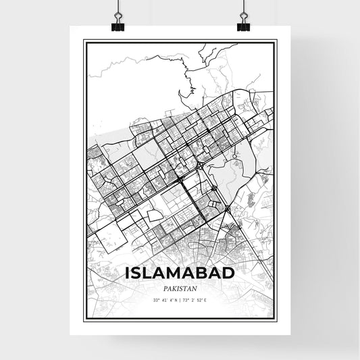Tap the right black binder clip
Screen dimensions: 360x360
(242, 24)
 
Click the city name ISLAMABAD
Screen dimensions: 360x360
(180, 272)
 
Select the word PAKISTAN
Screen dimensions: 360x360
(180, 286)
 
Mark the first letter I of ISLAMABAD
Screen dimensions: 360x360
(128, 272)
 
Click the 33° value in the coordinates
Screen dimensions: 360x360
(156, 299)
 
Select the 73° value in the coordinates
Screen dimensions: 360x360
(187, 299)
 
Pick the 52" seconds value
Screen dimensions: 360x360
(200, 299)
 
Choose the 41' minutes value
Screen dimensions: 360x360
(164, 299)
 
